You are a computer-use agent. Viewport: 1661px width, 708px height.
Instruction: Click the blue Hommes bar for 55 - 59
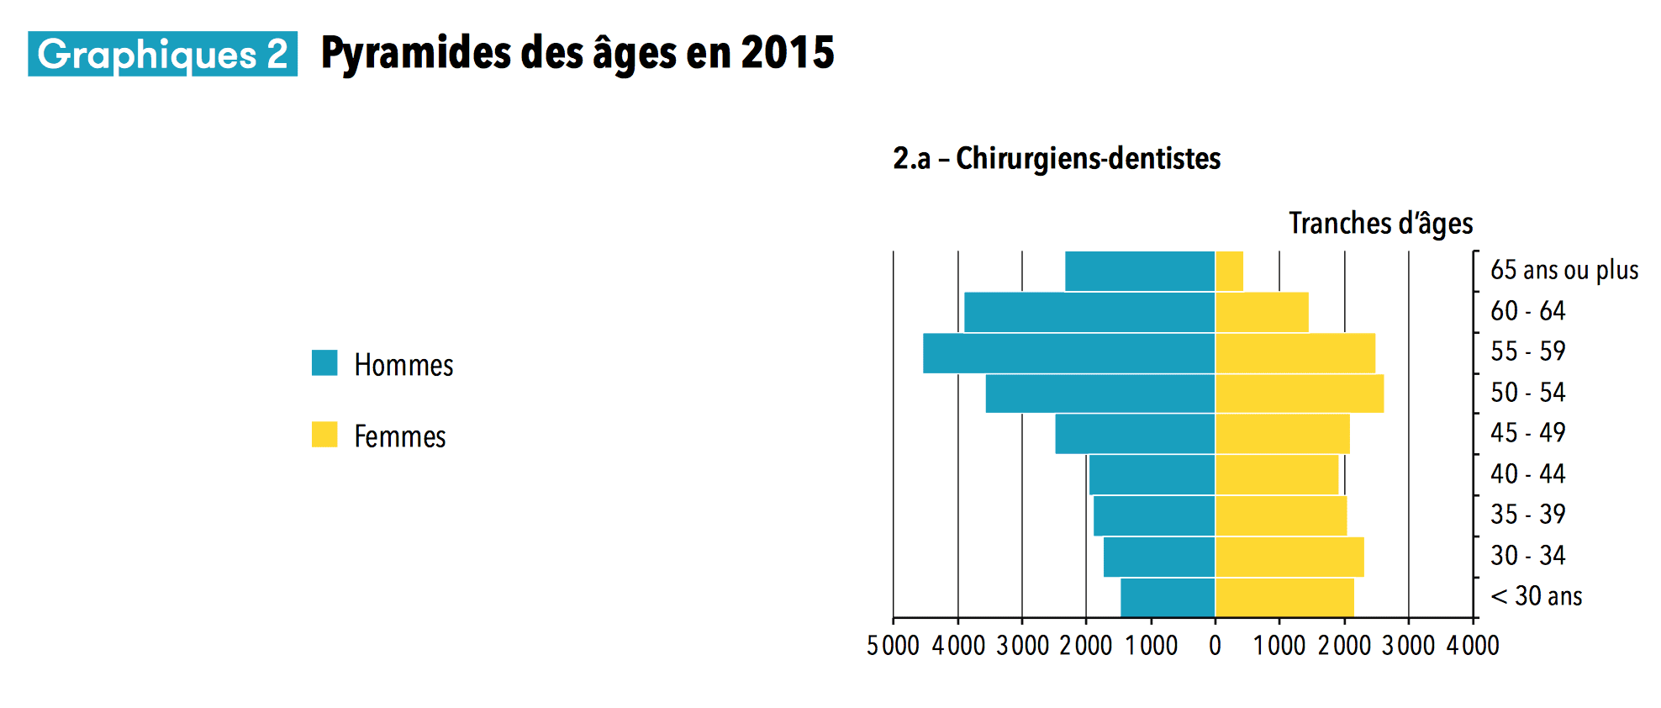1068,353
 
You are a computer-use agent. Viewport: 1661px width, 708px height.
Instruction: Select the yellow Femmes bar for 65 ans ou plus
1229,272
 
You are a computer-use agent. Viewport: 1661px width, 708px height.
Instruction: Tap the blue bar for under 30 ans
1168,598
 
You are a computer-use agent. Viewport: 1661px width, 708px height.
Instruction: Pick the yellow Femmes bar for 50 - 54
1299,394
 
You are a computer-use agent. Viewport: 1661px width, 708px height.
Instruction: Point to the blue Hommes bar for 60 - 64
1089,312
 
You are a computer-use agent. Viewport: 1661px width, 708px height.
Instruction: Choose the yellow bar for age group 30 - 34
1289,557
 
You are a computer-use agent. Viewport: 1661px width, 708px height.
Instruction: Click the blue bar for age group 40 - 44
1152,475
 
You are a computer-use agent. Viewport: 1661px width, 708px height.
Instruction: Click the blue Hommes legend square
324,363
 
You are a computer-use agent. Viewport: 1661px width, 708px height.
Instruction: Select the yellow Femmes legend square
324,435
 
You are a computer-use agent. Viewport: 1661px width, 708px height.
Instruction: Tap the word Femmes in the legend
399,436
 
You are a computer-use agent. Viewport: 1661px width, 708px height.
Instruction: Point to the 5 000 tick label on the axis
893,646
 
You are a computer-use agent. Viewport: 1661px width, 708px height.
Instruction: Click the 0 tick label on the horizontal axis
1215,646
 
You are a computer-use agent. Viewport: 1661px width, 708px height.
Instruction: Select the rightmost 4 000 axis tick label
1473,646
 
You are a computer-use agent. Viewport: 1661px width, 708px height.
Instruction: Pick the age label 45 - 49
1527,433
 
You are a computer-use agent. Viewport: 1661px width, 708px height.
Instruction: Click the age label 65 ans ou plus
1563,271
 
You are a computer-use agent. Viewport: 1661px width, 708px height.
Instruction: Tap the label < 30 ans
1536,596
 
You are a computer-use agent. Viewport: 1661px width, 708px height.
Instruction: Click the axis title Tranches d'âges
1380,224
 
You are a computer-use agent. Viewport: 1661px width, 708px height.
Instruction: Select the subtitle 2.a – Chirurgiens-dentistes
1057,158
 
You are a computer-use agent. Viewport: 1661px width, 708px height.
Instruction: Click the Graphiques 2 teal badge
162,55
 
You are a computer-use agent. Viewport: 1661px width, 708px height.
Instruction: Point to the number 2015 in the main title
788,53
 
